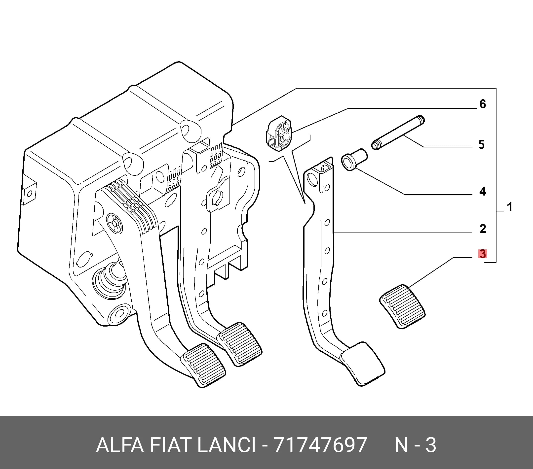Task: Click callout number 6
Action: (x=483, y=104)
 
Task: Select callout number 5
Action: (x=482, y=145)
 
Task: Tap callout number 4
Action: (x=482, y=192)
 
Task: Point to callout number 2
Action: (x=483, y=229)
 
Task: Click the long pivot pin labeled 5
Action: (x=398, y=133)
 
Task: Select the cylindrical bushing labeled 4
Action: (x=354, y=160)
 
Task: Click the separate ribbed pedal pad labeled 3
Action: (x=402, y=306)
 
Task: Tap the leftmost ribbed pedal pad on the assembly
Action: (x=204, y=365)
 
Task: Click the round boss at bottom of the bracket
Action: (x=119, y=316)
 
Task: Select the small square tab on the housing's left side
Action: (x=30, y=193)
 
